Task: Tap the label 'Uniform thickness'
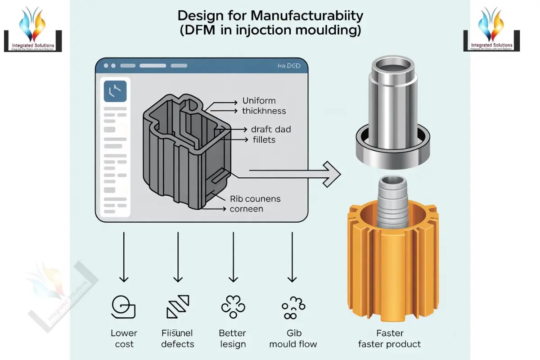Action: pyautogui.click(x=264, y=106)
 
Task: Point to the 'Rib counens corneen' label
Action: pyautogui.click(x=255, y=204)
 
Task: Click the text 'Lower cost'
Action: pyautogui.click(x=124, y=338)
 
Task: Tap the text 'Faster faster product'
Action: pyautogui.click(x=390, y=338)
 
